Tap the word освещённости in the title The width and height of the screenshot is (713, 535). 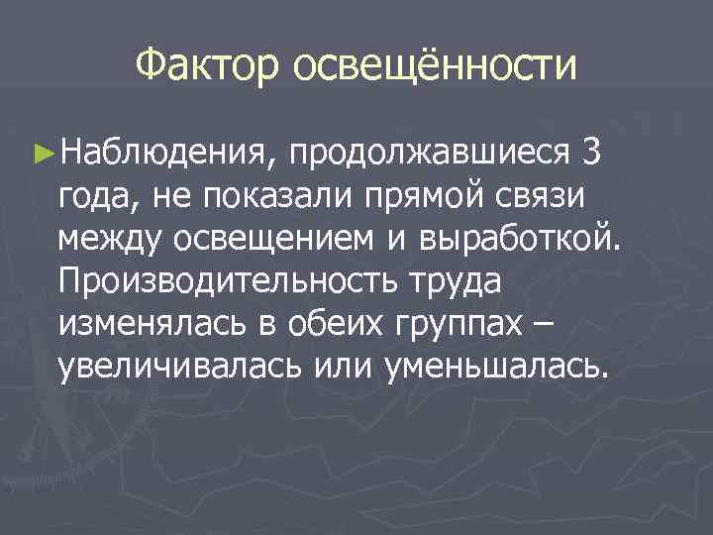click(433, 66)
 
